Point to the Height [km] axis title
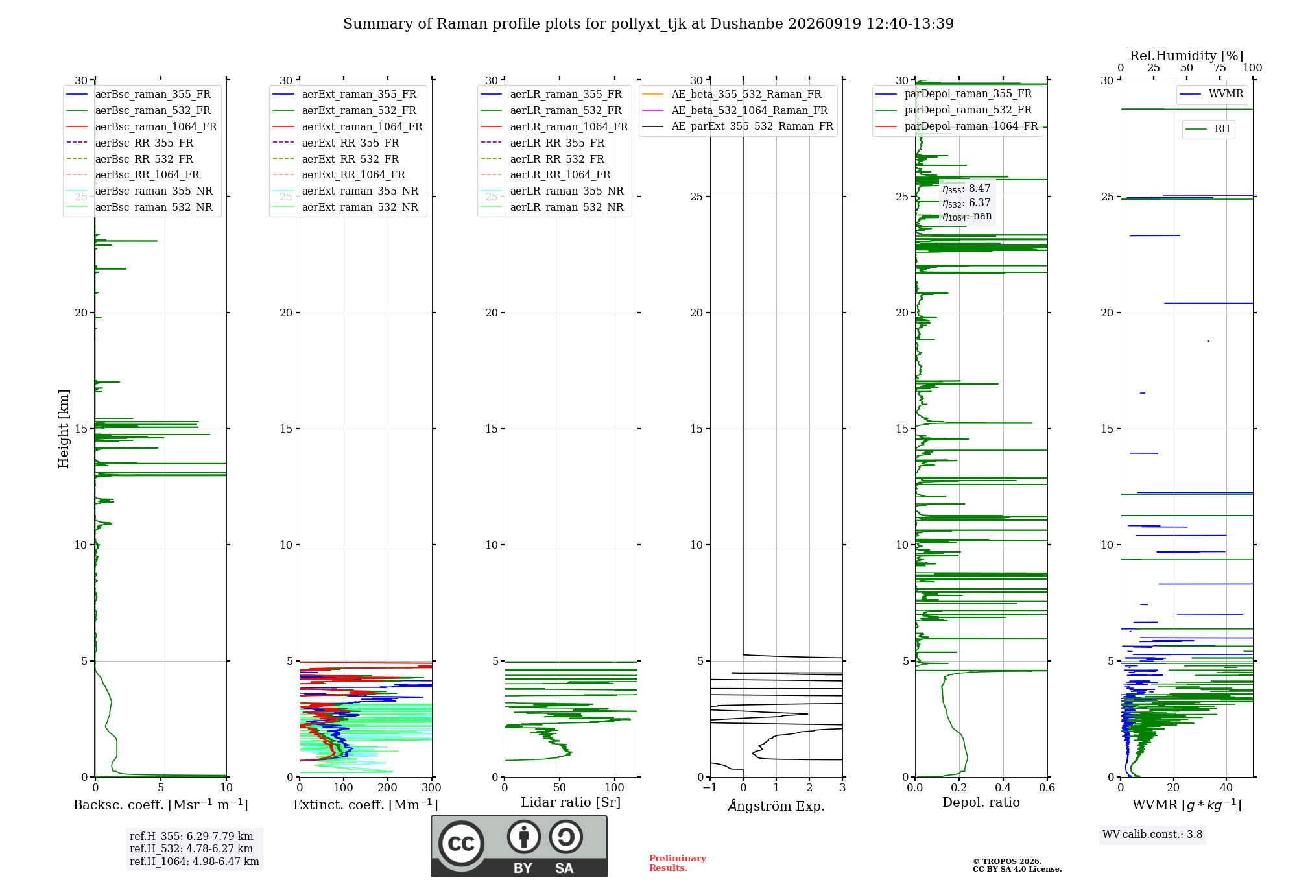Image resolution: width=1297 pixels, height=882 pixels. pyautogui.click(x=64, y=429)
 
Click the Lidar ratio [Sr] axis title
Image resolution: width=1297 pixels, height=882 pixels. pyautogui.click(x=571, y=803)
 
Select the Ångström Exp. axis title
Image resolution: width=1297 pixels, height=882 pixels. pyautogui.click(x=776, y=805)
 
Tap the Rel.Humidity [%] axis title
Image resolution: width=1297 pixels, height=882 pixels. pyautogui.click(x=1187, y=56)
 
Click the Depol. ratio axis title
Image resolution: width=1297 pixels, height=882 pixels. pyautogui.click(x=981, y=803)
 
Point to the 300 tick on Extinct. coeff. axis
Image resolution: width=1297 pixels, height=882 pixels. pyautogui.click(x=431, y=788)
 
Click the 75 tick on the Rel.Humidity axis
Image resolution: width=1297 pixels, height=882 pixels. pyautogui.click(x=1220, y=68)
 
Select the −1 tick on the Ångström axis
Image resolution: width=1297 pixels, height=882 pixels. pyautogui.click(x=709, y=788)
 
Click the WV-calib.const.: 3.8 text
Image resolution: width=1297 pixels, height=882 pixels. pyautogui.click(x=1152, y=835)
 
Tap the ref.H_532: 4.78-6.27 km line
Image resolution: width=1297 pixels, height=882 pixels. pyautogui.click(x=191, y=849)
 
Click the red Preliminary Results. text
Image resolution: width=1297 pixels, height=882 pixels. pyautogui.click(x=678, y=863)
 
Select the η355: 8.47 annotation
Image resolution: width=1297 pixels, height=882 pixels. pyautogui.click(x=966, y=189)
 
